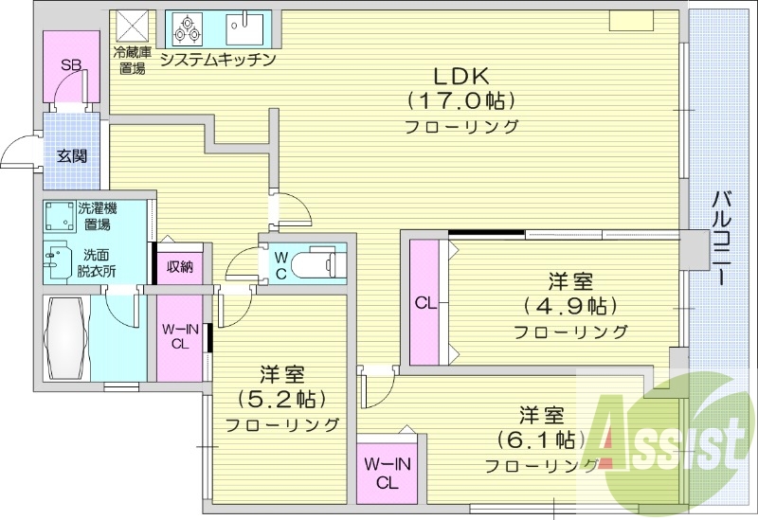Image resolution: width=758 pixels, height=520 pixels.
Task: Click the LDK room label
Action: [x=460, y=75]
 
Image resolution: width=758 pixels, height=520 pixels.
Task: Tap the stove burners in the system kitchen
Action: [x=187, y=29]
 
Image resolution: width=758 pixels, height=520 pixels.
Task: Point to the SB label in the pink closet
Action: [x=71, y=65]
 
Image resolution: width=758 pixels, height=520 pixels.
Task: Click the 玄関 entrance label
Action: [x=71, y=156]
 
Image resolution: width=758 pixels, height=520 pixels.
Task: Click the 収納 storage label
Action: [x=180, y=266]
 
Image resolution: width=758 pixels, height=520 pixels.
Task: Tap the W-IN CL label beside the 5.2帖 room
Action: [x=179, y=337]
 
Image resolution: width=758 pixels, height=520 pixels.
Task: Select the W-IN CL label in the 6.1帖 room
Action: [x=387, y=473]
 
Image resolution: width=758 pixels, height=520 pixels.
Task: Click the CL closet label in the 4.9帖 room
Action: [x=424, y=304]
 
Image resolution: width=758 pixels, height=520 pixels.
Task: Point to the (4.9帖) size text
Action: [x=569, y=306]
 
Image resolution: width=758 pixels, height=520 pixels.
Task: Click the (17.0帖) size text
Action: [x=461, y=99]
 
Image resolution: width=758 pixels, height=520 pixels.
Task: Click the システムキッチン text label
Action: [x=217, y=61]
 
